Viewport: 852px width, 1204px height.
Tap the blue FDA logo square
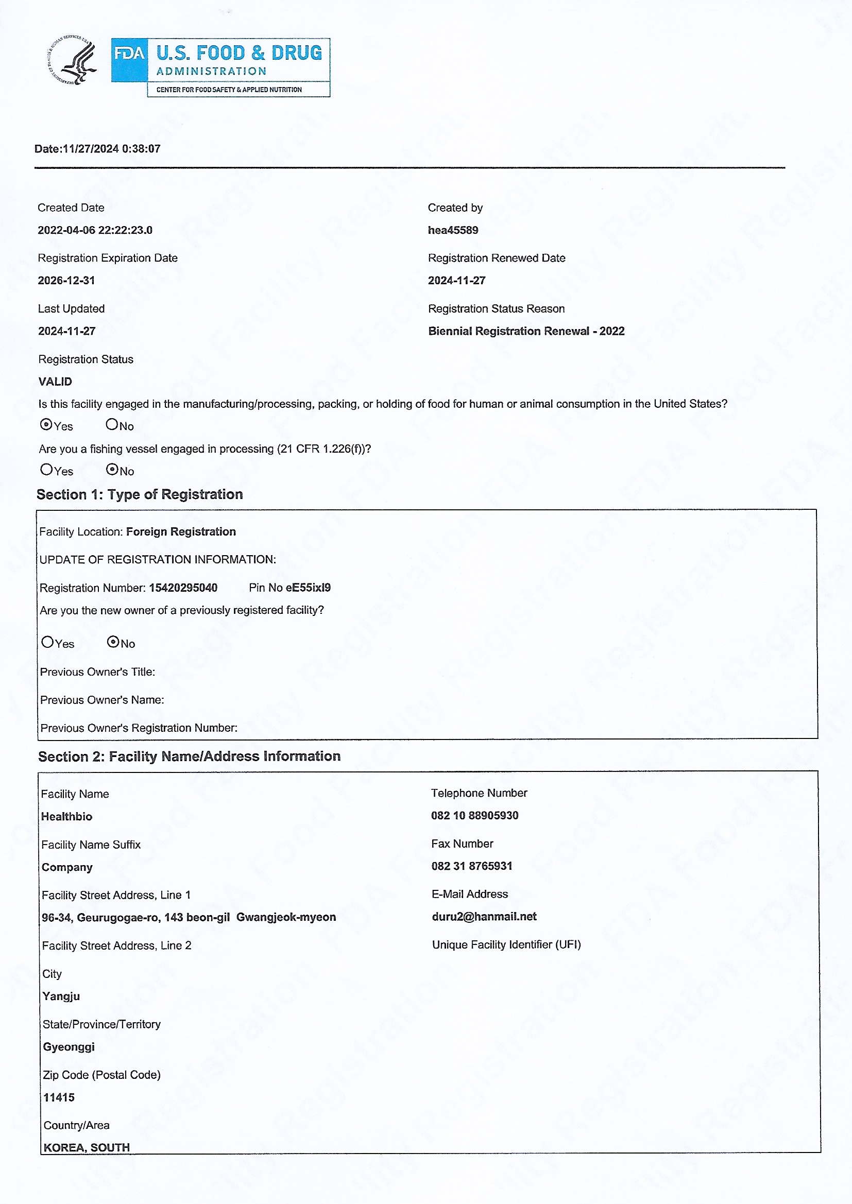tap(129, 60)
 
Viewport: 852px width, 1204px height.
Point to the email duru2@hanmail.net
tap(484, 916)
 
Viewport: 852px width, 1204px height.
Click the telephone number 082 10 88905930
tap(474, 815)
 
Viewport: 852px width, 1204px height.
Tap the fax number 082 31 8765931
tap(471, 866)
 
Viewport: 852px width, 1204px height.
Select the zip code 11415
tap(59, 1097)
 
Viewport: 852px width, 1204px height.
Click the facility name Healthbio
tap(66, 816)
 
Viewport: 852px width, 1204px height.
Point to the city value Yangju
tap(61, 996)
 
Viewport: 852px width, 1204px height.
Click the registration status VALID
tap(55, 381)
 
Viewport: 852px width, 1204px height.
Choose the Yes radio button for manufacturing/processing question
tap(46, 425)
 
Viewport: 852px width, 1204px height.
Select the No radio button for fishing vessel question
tap(112, 469)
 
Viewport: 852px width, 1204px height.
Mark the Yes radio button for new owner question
tap(47, 642)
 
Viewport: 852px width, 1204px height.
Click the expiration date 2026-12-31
tap(66, 280)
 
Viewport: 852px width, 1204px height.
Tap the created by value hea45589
tap(453, 230)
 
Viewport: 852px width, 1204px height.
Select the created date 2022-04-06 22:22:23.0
tap(95, 230)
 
